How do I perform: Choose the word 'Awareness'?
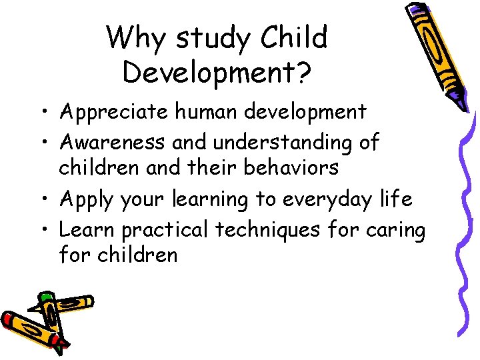pyautogui.click(x=113, y=141)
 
